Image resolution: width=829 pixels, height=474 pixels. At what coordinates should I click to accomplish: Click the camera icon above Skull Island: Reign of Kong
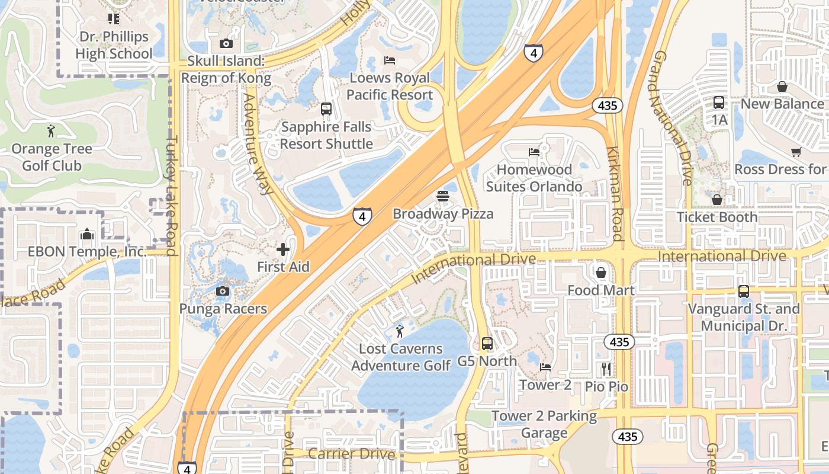pyautogui.click(x=226, y=43)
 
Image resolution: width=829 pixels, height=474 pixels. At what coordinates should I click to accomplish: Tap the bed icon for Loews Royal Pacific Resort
pyautogui.click(x=390, y=60)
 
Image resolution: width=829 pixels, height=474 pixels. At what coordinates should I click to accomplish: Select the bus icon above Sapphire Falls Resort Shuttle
pyautogui.click(x=326, y=109)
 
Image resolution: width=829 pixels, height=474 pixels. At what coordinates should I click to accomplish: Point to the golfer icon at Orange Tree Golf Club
pyautogui.click(x=52, y=131)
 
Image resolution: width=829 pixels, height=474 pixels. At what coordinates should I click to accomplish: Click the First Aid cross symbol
pyautogui.click(x=283, y=249)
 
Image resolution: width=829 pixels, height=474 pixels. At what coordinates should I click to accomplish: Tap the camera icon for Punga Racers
pyautogui.click(x=223, y=291)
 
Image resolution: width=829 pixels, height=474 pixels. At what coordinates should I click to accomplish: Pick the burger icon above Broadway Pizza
pyautogui.click(x=443, y=196)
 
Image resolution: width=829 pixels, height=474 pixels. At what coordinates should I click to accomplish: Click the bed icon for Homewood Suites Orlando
pyautogui.click(x=534, y=152)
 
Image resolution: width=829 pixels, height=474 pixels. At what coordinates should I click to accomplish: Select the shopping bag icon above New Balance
pyautogui.click(x=782, y=87)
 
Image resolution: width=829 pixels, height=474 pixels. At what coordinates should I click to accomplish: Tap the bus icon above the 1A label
pyautogui.click(x=719, y=103)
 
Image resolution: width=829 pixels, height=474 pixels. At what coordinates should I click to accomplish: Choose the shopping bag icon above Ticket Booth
pyautogui.click(x=716, y=200)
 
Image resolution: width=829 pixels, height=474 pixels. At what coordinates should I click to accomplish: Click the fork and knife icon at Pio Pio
pyautogui.click(x=606, y=369)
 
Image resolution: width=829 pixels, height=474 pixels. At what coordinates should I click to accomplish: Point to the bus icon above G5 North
pyautogui.click(x=487, y=344)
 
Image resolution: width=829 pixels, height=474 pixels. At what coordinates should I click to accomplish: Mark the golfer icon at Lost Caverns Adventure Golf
pyautogui.click(x=400, y=331)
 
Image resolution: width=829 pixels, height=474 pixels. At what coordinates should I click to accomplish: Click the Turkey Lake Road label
pyautogui.click(x=172, y=196)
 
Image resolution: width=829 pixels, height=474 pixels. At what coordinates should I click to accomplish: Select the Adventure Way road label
pyautogui.click(x=257, y=144)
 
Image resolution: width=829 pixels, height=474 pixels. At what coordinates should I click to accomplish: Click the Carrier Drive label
pyautogui.click(x=352, y=454)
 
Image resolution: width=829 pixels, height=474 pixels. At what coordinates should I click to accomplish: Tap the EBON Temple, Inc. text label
pyautogui.click(x=87, y=252)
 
